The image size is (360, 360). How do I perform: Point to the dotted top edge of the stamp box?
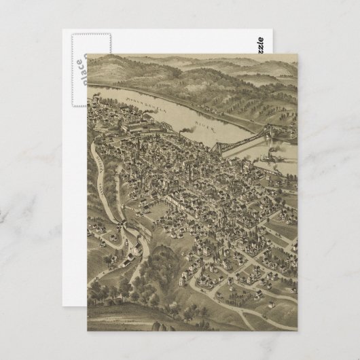[82, 31]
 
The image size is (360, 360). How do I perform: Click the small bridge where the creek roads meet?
[122, 225]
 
